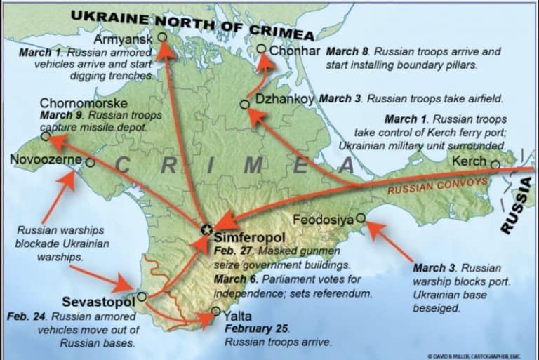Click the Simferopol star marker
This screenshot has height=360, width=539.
[x=206, y=229]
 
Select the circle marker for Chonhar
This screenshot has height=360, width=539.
[x=261, y=49]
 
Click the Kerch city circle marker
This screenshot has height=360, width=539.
[x=495, y=165]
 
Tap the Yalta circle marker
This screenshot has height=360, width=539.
[x=215, y=312]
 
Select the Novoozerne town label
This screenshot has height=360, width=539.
[x=46, y=161]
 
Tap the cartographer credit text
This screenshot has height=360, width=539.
[x=484, y=354]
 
